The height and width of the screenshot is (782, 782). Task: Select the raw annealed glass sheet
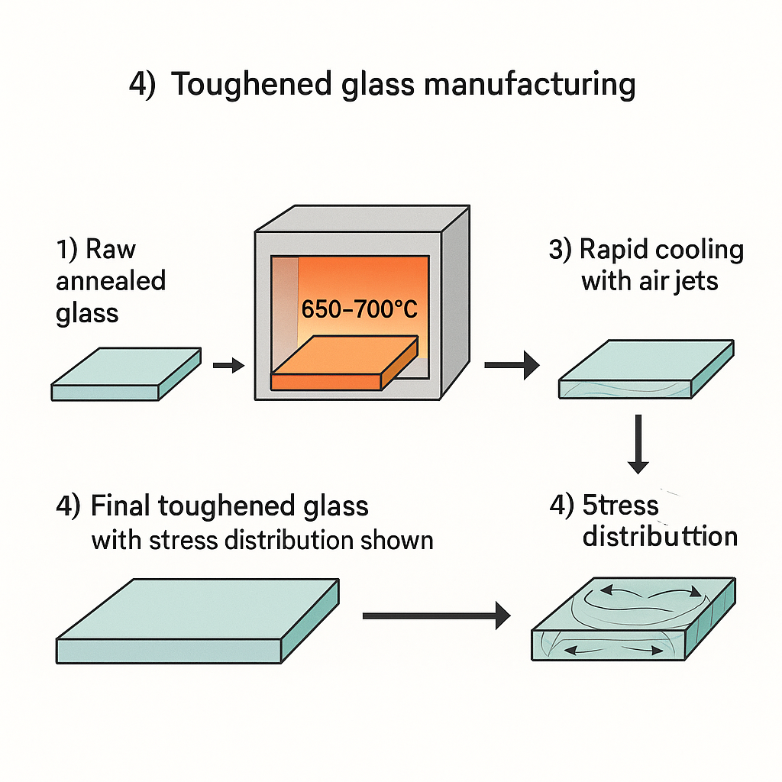[x=126, y=374]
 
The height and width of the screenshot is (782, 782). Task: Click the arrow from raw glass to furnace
[x=228, y=367]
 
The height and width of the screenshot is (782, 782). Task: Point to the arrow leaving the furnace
[x=511, y=367]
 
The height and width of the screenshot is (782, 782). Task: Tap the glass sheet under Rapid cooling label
[x=646, y=369]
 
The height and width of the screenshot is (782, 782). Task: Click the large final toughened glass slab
[x=197, y=620]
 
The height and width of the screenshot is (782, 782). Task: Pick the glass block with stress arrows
[x=632, y=619]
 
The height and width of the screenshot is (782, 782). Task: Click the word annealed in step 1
[x=111, y=281]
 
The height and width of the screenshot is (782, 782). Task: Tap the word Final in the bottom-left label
[x=118, y=506]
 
